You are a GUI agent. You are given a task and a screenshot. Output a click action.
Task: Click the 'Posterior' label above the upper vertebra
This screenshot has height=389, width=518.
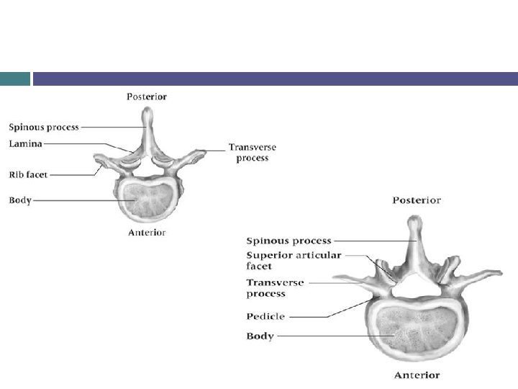(x=147, y=97)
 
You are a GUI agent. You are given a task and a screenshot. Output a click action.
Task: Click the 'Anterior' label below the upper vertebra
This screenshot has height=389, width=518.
(x=147, y=233)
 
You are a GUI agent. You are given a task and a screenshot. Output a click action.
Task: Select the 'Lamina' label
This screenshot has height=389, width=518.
(x=26, y=144)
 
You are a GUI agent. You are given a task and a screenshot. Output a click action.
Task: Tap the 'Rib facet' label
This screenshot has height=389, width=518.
(x=28, y=174)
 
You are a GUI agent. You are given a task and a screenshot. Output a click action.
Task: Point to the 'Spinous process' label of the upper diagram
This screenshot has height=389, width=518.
(x=44, y=128)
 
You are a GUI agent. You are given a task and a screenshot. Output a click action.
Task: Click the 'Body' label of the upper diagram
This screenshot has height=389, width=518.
(x=20, y=200)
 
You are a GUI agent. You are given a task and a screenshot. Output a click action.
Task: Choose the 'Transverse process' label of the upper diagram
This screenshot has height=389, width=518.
(x=252, y=153)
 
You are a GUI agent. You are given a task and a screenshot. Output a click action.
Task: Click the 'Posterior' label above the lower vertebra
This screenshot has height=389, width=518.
(x=417, y=200)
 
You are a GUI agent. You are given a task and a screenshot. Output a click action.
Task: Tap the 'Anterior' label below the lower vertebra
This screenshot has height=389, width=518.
(x=417, y=375)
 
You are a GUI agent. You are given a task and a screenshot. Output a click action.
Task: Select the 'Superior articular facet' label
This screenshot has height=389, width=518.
(x=294, y=261)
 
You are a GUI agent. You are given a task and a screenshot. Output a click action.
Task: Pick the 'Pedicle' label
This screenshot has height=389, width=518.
(x=266, y=316)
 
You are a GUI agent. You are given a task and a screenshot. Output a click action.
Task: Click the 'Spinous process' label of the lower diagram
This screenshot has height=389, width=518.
(x=289, y=241)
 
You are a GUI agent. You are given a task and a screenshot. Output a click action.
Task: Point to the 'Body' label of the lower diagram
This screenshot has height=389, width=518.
(x=260, y=336)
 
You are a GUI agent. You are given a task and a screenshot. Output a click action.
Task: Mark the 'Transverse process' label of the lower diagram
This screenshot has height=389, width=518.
(x=275, y=288)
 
